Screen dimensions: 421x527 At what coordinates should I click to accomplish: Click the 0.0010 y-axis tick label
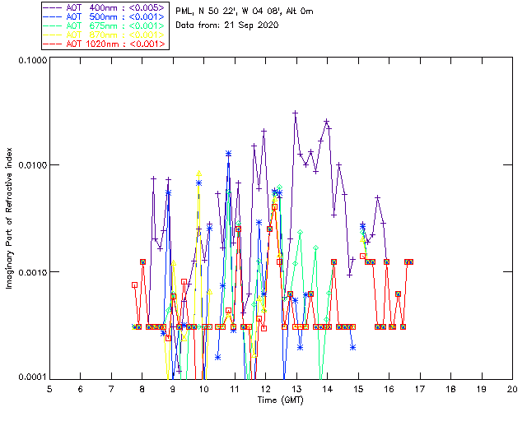tap(30, 272)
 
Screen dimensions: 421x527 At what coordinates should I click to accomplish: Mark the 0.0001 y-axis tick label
tap(30, 377)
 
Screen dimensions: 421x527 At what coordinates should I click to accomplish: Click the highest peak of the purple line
tap(295, 113)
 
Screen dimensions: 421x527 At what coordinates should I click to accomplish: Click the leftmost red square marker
tap(134, 285)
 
